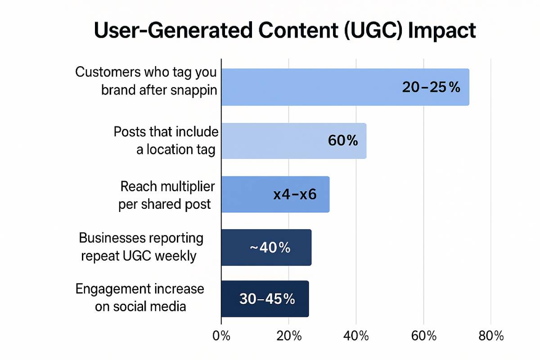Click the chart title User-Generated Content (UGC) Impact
[x=284, y=31]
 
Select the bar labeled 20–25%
[x=345, y=87]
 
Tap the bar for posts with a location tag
[x=293, y=141]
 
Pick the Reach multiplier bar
[x=275, y=194]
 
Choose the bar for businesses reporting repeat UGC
[x=266, y=247]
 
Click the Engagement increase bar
[x=265, y=299]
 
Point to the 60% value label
[x=343, y=141]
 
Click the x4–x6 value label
[x=295, y=195]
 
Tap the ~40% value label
[x=270, y=247]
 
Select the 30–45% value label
[x=267, y=299]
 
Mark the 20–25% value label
[x=431, y=87]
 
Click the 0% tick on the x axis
[x=221, y=336]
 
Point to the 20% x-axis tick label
[x=288, y=336]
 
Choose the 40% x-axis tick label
[x=356, y=336]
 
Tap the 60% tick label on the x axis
[x=423, y=336]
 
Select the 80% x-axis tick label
[x=491, y=336]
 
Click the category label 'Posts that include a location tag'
[x=166, y=141]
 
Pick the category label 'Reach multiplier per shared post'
[x=166, y=195]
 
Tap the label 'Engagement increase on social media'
[x=140, y=297]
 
